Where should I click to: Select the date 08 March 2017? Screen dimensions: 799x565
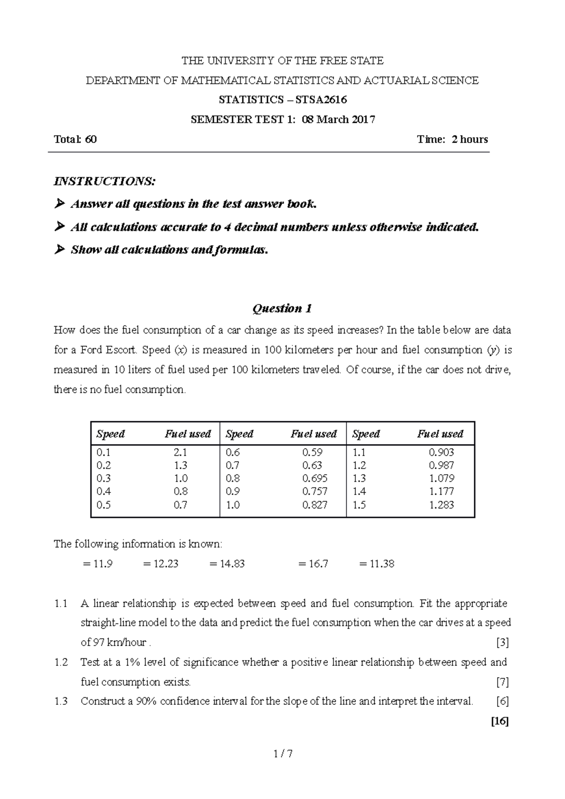click(339, 120)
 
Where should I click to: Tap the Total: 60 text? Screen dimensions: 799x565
click(75, 139)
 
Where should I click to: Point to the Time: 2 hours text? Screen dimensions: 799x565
click(452, 139)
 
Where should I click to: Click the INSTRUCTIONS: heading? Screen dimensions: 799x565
click(105, 181)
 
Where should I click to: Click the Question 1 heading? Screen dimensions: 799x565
click(282, 309)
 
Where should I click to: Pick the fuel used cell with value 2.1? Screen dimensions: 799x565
click(180, 452)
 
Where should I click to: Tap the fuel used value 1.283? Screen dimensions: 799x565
click(441, 505)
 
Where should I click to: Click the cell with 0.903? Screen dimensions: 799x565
click(441, 452)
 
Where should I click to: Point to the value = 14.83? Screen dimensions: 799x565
click(227, 564)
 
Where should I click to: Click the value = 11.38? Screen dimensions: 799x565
click(377, 564)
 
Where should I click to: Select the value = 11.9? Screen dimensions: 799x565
click(97, 564)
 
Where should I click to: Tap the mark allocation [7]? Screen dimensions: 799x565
click(502, 682)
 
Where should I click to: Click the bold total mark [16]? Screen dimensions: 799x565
click(500, 721)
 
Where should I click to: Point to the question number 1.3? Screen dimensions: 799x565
click(61, 702)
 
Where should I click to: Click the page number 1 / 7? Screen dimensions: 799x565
click(282, 754)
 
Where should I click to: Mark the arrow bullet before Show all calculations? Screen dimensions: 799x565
click(59, 250)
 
